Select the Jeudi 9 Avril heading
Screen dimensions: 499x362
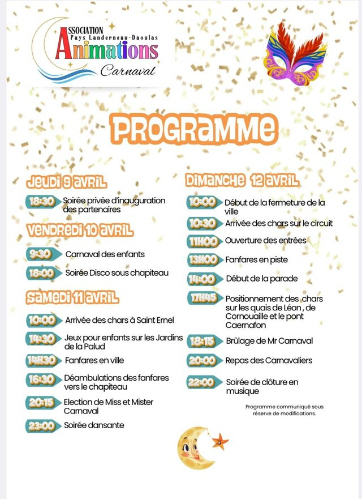[67, 182]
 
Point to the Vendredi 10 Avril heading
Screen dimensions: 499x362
[80, 231]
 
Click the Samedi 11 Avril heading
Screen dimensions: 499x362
[72, 296]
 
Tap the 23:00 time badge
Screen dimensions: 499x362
[41, 425]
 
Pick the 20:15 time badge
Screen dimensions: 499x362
[41, 403]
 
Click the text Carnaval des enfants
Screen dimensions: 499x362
[105, 254]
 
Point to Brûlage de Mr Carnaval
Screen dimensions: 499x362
[269, 341]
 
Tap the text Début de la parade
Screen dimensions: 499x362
[261, 279]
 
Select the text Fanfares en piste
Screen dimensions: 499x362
[256, 259]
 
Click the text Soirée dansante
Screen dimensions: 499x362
[94, 425]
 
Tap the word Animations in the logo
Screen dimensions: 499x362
[106, 50]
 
